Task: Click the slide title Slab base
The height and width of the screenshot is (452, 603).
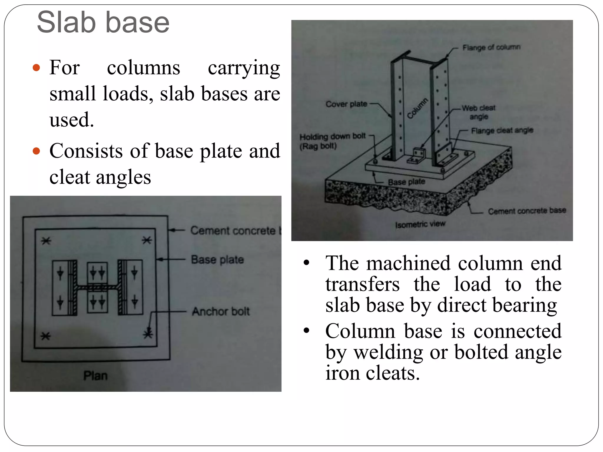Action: coord(103,22)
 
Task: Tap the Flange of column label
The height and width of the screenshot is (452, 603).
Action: coord(491,47)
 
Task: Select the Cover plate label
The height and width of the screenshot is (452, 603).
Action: coord(346,104)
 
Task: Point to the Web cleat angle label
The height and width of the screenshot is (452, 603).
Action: coord(478,112)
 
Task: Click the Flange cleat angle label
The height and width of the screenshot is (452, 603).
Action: coord(502,130)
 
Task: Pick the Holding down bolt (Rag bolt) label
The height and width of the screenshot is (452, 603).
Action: coord(332,141)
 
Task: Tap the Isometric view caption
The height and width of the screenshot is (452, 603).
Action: coord(420,224)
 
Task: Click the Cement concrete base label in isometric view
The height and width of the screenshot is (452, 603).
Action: coord(527,211)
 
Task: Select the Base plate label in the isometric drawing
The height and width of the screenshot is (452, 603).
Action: coord(406,182)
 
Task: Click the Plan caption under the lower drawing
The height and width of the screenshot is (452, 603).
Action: coord(95,375)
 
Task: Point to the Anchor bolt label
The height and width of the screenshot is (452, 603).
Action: coord(221,311)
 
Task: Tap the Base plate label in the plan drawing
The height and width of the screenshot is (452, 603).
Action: coord(217,260)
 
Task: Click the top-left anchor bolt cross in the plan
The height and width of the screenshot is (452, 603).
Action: coord(46,241)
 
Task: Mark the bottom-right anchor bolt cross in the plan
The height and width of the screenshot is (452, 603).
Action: coord(148,334)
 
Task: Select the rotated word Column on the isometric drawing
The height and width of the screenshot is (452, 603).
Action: coord(418,108)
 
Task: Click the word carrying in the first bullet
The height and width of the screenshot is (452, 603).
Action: coord(244,68)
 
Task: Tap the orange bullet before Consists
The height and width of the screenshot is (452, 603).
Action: coord(36,151)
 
